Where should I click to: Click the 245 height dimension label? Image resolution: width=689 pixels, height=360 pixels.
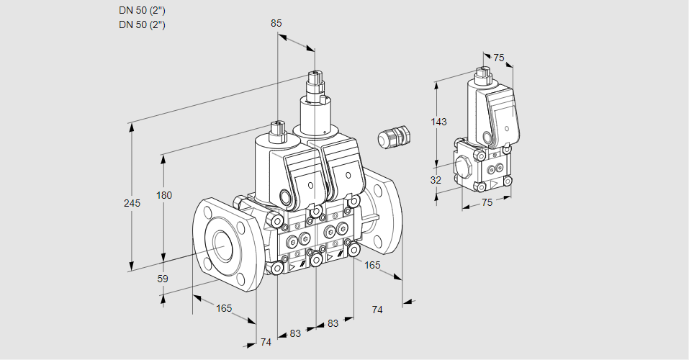[131, 203]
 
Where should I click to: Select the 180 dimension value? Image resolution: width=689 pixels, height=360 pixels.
[164, 196]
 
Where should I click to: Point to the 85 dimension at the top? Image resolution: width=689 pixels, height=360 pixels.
[276, 23]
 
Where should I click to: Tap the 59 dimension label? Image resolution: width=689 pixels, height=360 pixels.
[163, 279]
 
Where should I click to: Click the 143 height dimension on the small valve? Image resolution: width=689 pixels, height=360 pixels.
[438, 122]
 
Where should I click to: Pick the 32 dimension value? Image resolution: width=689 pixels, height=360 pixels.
[436, 180]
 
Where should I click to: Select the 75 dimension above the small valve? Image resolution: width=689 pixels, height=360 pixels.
[498, 58]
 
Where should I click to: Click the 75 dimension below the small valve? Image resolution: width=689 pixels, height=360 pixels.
[487, 202]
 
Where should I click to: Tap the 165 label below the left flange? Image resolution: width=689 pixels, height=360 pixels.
[224, 308]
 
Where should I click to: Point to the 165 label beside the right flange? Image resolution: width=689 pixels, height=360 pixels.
[372, 265]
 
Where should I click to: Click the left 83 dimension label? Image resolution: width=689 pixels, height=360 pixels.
[295, 333]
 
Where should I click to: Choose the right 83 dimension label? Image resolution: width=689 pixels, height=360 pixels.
[333, 323]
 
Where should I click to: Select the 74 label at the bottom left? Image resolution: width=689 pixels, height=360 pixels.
[266, 342]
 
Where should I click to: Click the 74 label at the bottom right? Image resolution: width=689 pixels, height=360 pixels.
[377, 309]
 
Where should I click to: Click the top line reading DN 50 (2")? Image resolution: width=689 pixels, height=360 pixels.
[143, 11]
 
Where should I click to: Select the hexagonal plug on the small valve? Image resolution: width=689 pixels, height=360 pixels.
[464, 168]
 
